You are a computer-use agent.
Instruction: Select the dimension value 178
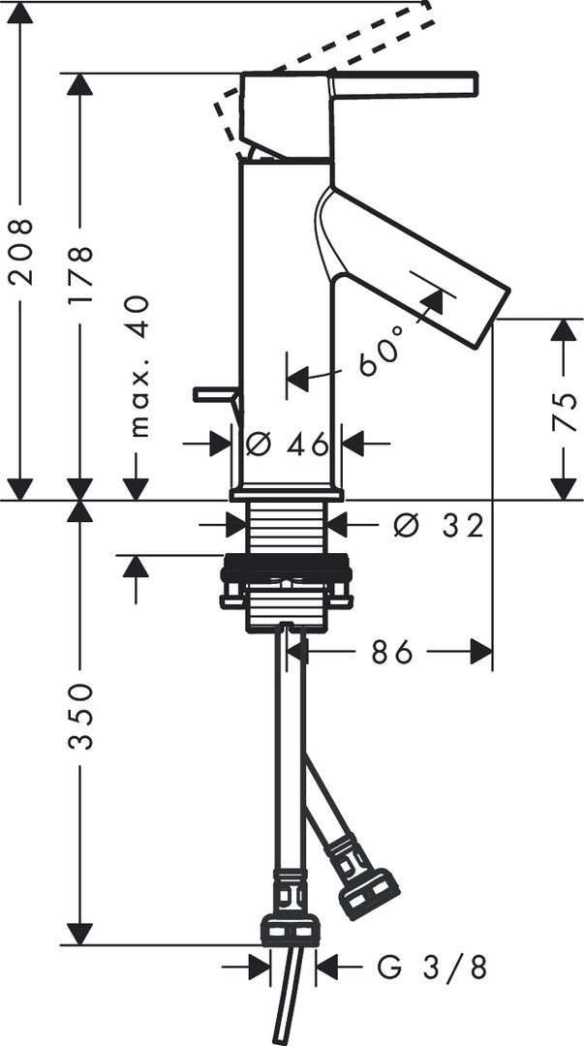pos(80,275)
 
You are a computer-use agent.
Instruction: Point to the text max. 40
pos(138,366)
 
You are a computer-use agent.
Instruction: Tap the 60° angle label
pos(383,351)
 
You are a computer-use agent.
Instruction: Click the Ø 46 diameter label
pos(287,444)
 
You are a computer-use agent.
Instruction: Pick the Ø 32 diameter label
pos(438,526)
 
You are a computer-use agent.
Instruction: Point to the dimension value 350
pos(80,717)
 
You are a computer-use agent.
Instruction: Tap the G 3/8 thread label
pos(432,967)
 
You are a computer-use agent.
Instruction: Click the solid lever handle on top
pos(404,84)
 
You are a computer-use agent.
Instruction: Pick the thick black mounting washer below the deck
pos(287,566)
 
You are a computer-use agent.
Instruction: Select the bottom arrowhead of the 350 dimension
pos(80,934)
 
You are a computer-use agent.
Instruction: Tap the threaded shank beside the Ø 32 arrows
pos(287,527)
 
